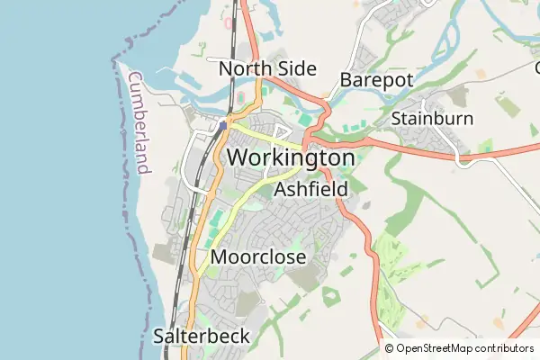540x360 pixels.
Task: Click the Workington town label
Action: click(291, 157)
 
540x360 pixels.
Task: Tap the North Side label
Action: click(267, 69)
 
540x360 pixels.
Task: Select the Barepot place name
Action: click(376, 80)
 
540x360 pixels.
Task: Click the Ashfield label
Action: click(310, 190)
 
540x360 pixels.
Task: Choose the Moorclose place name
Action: click(257, 257)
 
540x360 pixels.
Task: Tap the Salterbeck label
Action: click(202, 337)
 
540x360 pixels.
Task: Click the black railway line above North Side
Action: click(232, 27)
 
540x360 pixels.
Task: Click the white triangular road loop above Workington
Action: click(281, 133)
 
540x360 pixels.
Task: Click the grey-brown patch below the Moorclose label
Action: click(247, 304)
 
